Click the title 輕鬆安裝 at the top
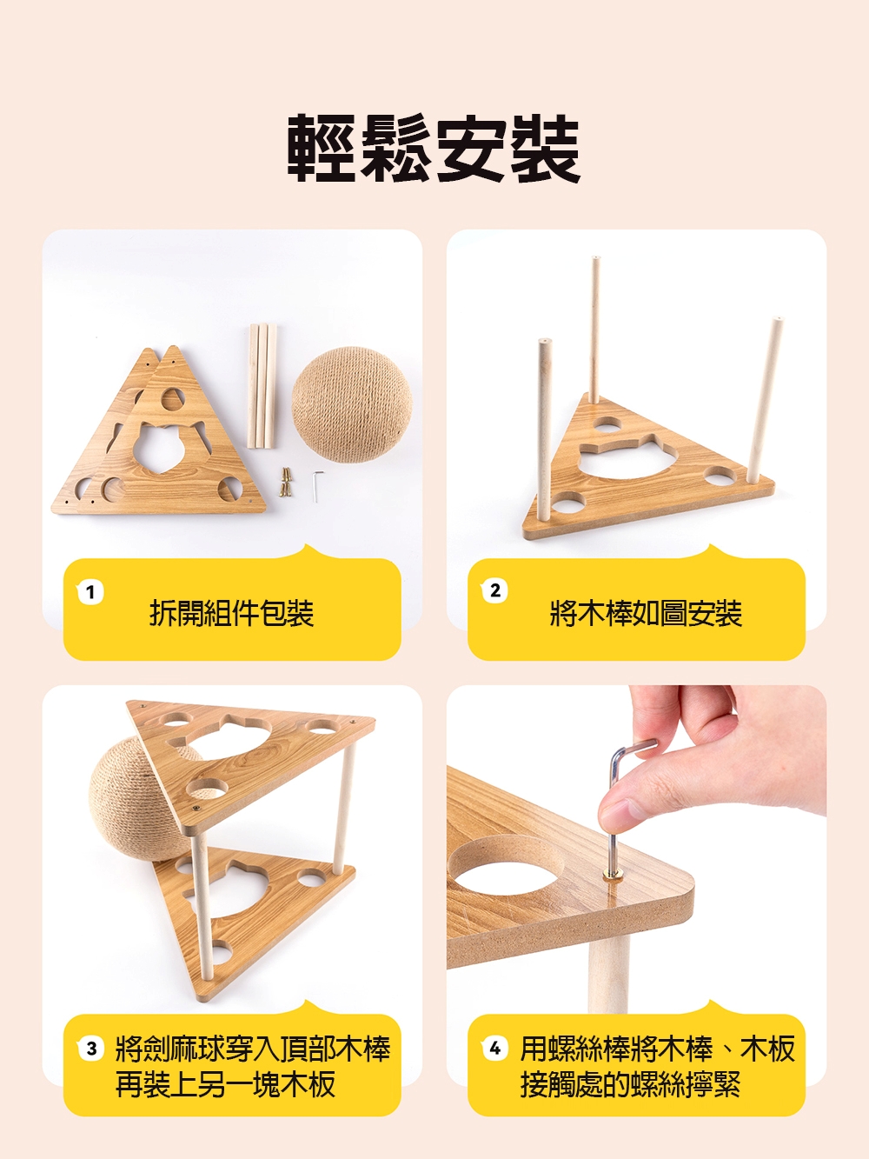point(434,149)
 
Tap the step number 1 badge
point(90,592)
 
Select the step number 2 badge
point(494,590)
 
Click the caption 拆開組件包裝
point(232,613)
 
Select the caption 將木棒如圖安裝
point(646,613)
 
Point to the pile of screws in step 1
point(285,482)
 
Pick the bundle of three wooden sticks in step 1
point(262,387)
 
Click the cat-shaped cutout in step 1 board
point(162,444)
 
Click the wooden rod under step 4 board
point(608,971)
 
